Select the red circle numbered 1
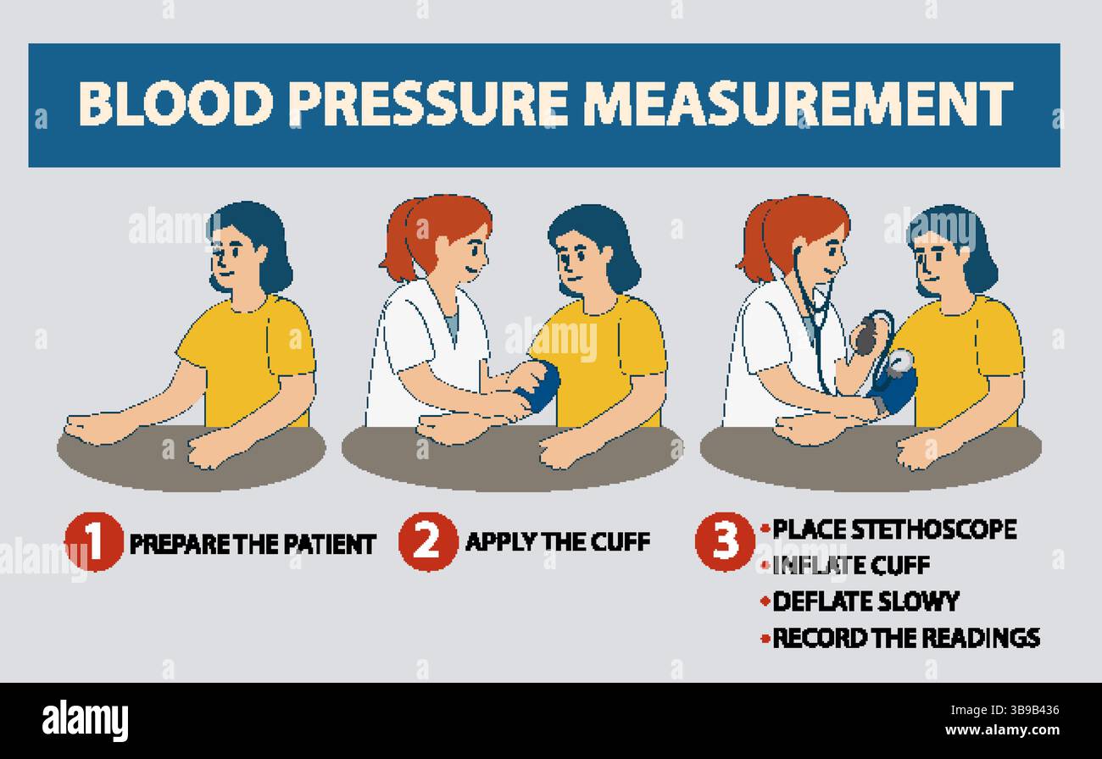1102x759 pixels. pyautogui.click(x=93, y=542)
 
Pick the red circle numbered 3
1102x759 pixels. pyautogui.click(x=724, y=541)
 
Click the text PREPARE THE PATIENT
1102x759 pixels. pyautogui.click(x=252, y=544)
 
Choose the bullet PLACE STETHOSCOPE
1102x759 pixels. pyautogui.click(x=894, y=529)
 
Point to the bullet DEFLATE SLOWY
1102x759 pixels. pyautogui.click(x=865, y=601)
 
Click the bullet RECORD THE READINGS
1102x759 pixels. pyautogui.click(x=905, y=637)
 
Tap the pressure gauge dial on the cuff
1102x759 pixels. pyautogui.click(x=901, y=360)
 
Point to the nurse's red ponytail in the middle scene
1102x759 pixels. pyautogui.click(x=398, y=241)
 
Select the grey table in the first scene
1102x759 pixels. pyautogui.click(x=191, y=462)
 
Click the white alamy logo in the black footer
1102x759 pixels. pyautogui.click(x=85, y=721)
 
